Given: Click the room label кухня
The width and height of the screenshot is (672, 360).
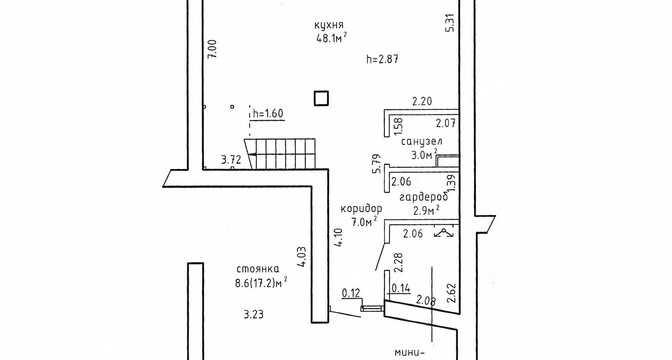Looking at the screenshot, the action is coord(329,25).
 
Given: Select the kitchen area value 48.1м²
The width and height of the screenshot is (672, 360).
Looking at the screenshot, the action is coord(331,38).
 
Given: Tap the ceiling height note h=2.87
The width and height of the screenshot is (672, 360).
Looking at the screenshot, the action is coord(382,59).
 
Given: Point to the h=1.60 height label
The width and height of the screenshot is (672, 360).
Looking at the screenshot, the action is coord(268,114).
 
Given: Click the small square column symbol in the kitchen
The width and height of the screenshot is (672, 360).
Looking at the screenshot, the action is coord(321,98).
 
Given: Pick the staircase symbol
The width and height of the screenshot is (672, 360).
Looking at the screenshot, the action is coord(281,153).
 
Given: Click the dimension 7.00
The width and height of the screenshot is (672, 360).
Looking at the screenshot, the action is coord(214,49).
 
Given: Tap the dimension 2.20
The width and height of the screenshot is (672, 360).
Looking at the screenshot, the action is coord(422,102).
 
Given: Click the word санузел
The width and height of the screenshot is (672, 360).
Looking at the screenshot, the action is coord(422,141).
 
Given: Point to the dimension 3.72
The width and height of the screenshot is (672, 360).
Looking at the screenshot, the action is coord(231,160).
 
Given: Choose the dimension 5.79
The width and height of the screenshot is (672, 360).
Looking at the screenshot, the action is coord(377,164).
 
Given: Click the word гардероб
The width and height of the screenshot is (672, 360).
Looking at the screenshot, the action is coord(423,197).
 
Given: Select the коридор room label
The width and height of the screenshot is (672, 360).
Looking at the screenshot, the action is coord(361,209).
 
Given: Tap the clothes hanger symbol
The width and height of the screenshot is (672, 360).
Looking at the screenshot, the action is coord(445,232).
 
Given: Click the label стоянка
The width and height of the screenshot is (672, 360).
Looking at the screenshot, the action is coord(258,269).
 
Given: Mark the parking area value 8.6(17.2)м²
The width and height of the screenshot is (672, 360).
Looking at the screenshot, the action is coord(262,283).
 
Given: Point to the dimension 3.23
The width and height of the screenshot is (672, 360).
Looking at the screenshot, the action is coord(253,315).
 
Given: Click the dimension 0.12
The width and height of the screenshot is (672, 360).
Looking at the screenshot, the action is coord(351,294).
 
